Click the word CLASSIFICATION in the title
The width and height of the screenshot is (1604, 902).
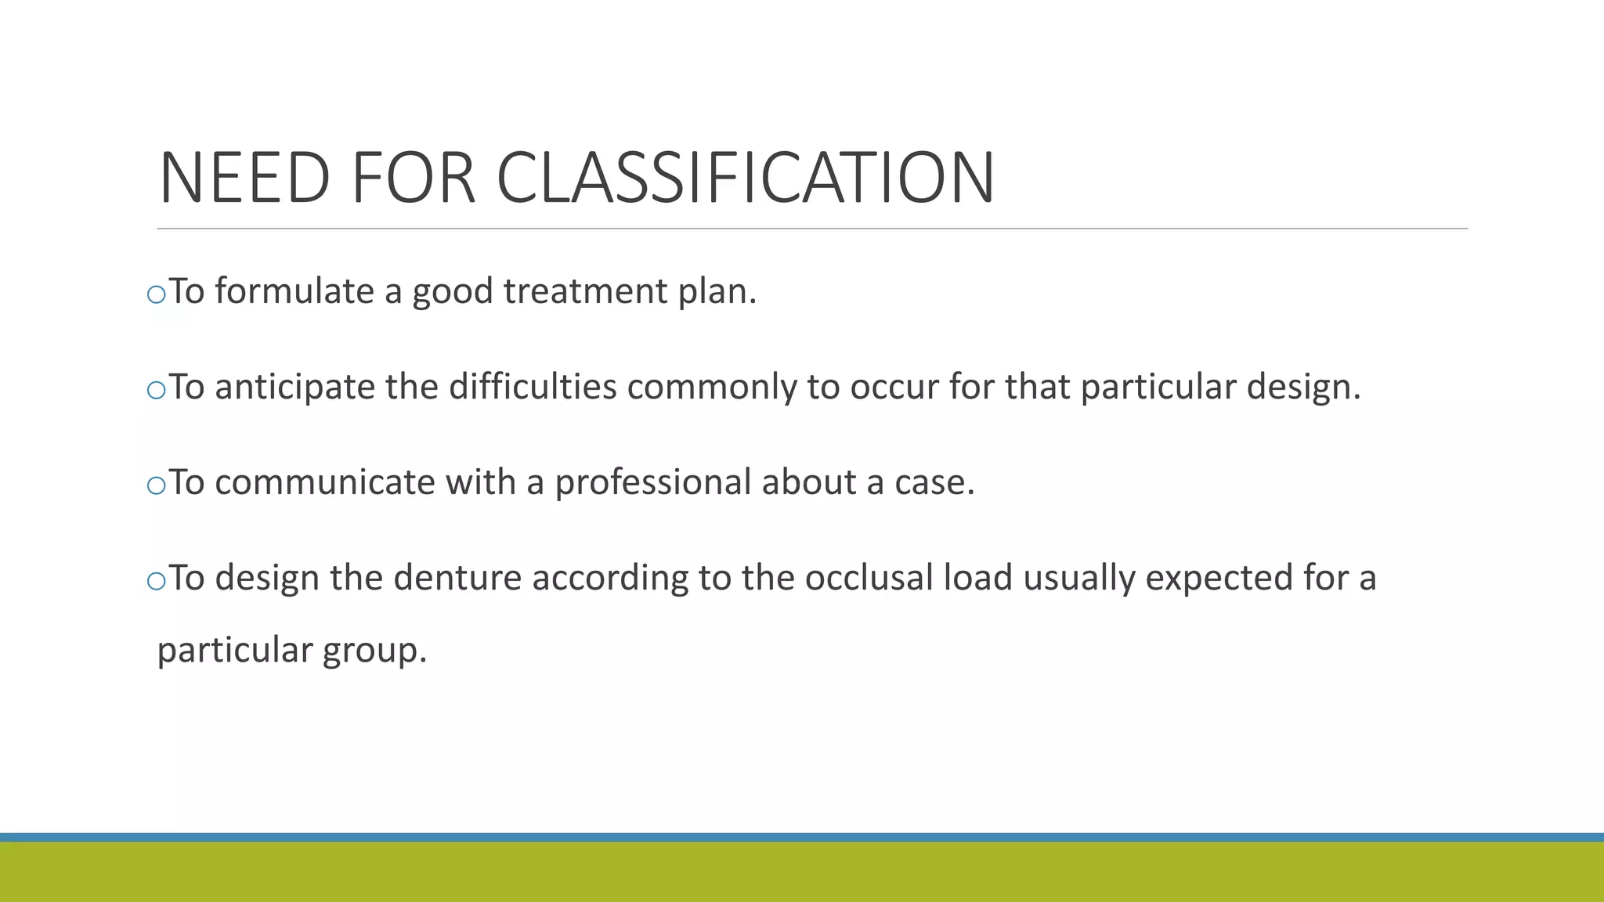[745, 179]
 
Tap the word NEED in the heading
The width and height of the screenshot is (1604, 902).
[244, 179]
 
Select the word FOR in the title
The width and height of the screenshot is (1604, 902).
[413, 179]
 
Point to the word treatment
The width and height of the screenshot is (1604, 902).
[584, 291]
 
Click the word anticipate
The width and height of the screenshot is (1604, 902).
[294, 387]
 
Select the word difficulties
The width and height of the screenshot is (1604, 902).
[533, 387]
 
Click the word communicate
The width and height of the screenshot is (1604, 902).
[324, 482]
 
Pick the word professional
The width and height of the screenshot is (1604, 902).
[653, 482]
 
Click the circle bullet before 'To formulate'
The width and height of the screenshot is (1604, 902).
[157, 295]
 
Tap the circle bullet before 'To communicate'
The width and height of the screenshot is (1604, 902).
[157, 486]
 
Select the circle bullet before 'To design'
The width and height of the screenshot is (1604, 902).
[157, 582]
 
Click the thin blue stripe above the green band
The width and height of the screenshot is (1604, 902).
[802, 837]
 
